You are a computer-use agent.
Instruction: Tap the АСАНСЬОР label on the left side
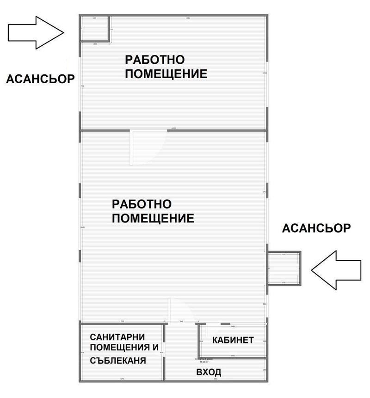tap(40, 79)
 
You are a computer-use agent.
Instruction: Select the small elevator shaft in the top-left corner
tap(95, 29)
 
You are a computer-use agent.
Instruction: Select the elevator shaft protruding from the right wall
tap(284, 268)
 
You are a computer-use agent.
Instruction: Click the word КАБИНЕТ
tap(233, 340)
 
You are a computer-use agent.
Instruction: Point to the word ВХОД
tap(209, 372)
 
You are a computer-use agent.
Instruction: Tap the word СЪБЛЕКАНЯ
tap(118, 361)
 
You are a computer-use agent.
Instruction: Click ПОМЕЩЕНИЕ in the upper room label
tap(166, 74)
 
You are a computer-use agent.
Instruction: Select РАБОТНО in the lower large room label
tap(142, 204)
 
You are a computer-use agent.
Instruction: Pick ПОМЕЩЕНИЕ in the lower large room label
tap(153, 218)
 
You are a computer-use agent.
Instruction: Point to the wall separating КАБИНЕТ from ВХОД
tap(233, 358)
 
